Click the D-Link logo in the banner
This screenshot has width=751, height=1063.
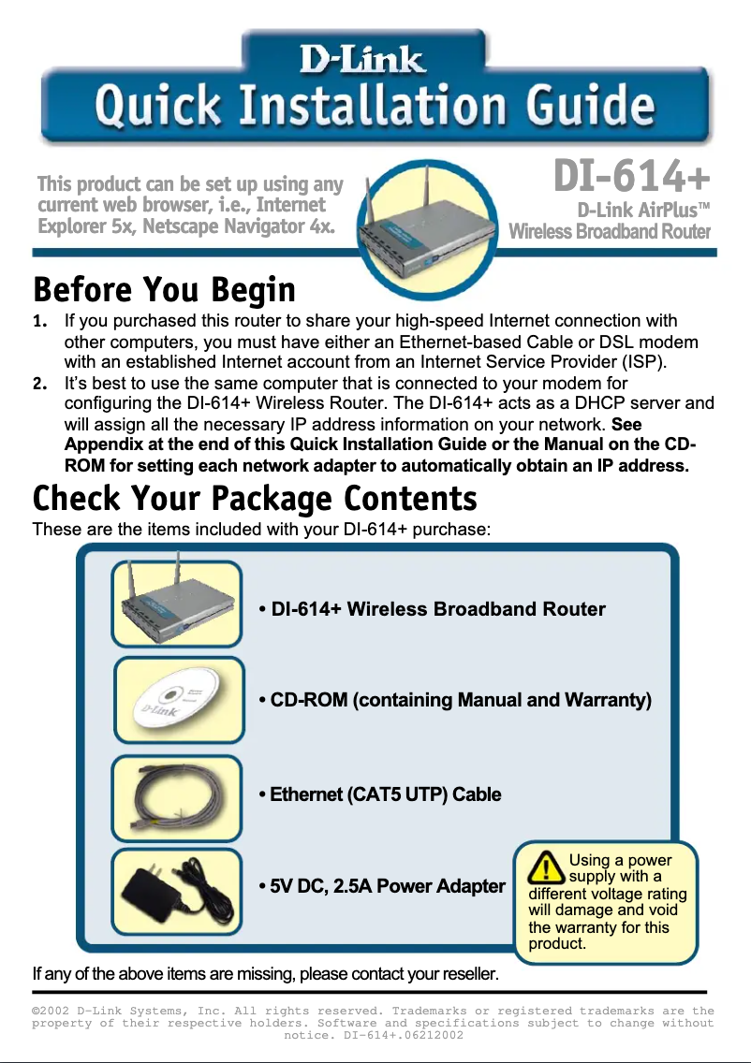(x=361, y=62)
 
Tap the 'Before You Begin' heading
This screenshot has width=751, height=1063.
(x=164, y=290)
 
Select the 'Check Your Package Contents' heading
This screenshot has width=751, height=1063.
(x=255, y=498)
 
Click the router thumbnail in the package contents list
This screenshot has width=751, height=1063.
(x=177, y=604)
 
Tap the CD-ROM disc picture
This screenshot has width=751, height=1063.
(x=179, y=700)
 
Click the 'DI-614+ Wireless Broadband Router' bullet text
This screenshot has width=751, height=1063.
(x=432, y=609)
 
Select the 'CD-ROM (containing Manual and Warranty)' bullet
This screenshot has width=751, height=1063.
(x=454, y=700)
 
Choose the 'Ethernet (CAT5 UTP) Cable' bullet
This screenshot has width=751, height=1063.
(x=379, y=794)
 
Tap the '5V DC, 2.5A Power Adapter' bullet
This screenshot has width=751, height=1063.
(x=381, y=886)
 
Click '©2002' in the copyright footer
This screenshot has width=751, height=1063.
(x=52, y=1011)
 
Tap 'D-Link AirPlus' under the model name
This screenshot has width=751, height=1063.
(x=637, y=209)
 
